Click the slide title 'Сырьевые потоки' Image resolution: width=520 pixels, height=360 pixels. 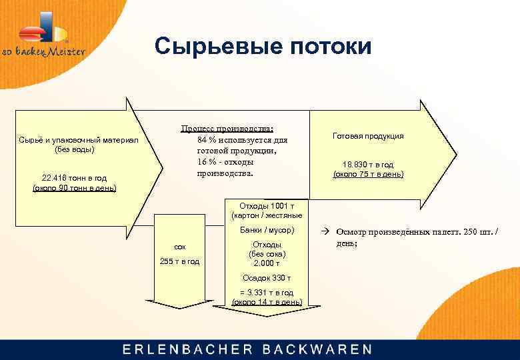click(263, 46)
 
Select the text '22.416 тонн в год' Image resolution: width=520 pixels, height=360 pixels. click(74, 178)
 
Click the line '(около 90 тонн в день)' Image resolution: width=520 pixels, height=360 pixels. click(74, 188)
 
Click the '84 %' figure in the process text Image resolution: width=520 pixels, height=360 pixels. click(207, 140)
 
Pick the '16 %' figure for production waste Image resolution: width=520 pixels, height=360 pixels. click(206, 162)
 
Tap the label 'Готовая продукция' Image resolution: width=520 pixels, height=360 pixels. click(367, 136)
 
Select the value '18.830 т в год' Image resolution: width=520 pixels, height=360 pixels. click(367, 165)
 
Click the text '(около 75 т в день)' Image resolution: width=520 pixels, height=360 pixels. click(367, 175)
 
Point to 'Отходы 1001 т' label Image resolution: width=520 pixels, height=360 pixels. click(267, 206)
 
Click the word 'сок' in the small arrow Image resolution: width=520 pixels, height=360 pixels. click(179, 247)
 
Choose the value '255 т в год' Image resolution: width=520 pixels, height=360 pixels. click(179, 261)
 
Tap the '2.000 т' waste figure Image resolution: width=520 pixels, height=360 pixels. click(267, 263)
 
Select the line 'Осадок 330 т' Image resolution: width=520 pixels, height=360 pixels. click(267, 278)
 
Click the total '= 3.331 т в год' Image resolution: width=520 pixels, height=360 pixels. click(267, 292)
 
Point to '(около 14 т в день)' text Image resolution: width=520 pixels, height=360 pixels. click(267, 302)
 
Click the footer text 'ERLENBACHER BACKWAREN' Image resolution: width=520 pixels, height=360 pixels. click(247, 349)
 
